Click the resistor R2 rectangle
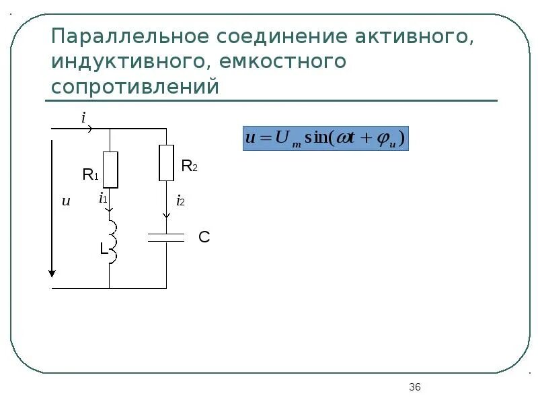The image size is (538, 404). coord(166,163)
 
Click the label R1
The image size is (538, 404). coord(90,176)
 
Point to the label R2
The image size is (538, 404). coord(189,166)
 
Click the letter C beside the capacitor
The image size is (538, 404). coord(204,237)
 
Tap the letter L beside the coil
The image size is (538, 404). coord(104,248)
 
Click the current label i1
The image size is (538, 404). coord(103,199)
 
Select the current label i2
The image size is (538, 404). coord(180,201)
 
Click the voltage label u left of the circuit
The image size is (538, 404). coord(66,201)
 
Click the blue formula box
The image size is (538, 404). coord(325,138)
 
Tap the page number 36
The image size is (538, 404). coord(414,386)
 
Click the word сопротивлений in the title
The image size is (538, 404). coord(135,88)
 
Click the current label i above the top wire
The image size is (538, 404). coord(83,118)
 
